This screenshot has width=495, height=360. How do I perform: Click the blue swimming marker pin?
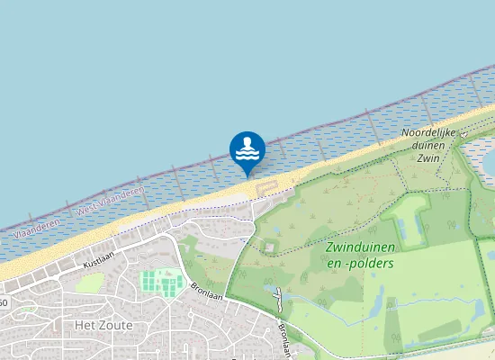(x=247, y=149)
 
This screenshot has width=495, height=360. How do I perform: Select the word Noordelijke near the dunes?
(x=428, y=132)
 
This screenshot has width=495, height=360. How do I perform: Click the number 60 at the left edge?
(x=4, y=302)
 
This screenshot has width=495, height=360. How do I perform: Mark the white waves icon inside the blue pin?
(x=247, y=155)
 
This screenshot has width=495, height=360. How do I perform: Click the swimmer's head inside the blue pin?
(x=247, y=141)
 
